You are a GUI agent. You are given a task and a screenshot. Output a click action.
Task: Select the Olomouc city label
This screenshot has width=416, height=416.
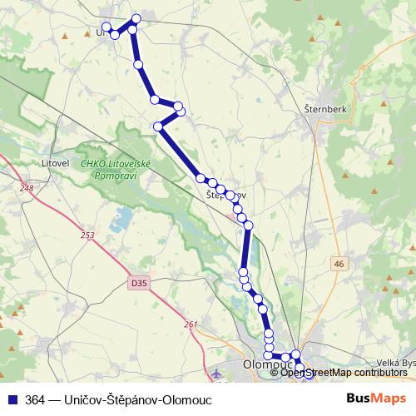click(x=264, y=364)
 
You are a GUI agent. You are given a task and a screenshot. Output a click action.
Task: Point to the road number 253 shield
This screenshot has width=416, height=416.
click(x=89, y=236)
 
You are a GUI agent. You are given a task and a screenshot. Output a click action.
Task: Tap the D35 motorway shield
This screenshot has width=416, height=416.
click(x=139, y=284)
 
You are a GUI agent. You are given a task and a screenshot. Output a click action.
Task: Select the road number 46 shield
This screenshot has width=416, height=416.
click(x=338, y=264)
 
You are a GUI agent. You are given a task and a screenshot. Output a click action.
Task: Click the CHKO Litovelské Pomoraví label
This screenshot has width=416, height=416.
click(x=116, y=170)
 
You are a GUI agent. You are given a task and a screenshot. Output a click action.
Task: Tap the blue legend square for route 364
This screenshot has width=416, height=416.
click(x=12, y=399)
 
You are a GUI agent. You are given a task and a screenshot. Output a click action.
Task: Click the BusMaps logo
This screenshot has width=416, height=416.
click(x=377, y=399)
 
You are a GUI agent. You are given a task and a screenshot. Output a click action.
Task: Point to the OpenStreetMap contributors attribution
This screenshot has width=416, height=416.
click(x=344, y=372)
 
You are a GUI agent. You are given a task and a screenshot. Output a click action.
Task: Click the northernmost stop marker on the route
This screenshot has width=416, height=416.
click(x=136, y=18)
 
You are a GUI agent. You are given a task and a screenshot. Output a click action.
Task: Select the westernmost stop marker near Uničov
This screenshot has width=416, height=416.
click(x=106, y=27)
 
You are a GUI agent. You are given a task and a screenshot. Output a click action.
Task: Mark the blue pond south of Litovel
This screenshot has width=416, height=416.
click(x=122, y=220)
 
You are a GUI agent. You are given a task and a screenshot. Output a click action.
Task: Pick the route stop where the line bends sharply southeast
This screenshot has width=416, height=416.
click(x=158, y=126)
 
